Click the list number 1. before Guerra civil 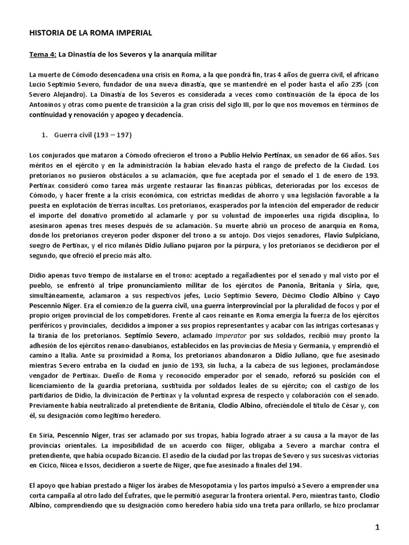pyautogui.click(x=45, y=135)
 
